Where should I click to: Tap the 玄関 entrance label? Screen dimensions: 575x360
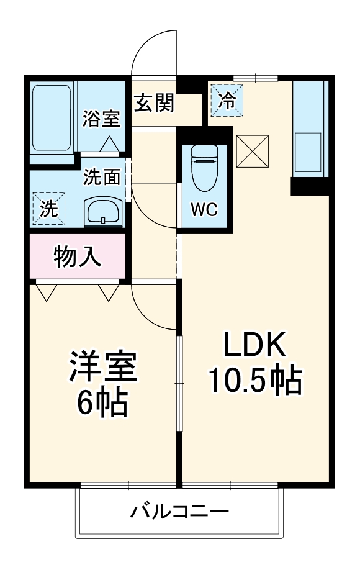[x=154, y=102]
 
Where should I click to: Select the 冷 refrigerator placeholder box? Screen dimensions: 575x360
[x=227, y=101]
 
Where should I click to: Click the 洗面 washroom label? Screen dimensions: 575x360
[x=102, y=178]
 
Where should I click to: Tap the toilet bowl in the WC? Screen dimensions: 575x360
[x=204, y=166]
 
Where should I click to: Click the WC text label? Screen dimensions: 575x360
[x=204, y=210]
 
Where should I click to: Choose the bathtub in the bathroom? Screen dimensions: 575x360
[x=52, y=118]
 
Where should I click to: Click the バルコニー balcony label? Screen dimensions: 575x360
[x=180, y=512]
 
